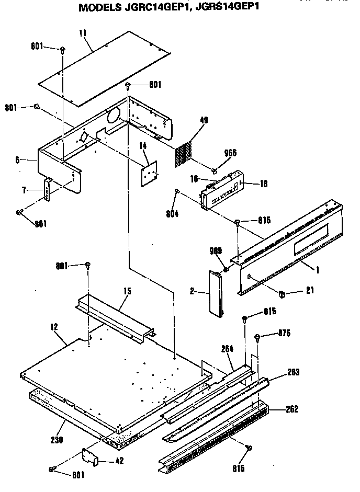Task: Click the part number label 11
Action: point(82,32)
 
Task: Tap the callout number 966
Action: point(230,153)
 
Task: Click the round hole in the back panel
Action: point(114,117)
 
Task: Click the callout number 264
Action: point(227,349)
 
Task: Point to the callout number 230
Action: point(57,440)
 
